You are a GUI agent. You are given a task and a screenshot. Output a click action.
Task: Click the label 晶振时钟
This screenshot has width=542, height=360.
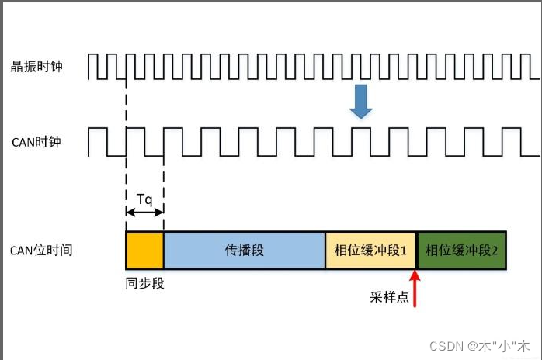(x=36, y=67)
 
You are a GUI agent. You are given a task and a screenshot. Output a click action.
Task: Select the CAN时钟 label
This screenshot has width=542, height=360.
(x=36, y=142)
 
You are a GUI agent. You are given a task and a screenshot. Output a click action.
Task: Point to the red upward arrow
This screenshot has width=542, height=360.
(x=417, y=287)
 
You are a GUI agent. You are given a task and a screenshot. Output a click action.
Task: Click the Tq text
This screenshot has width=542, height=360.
(x=144, y=199)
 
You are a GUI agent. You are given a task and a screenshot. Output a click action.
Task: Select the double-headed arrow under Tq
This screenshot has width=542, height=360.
(x=144, y=213)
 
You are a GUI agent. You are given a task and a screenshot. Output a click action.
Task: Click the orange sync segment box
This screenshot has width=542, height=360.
(x=144, y=250)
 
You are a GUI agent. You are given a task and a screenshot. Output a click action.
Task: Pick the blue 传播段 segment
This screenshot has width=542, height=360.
(x=245, y=250)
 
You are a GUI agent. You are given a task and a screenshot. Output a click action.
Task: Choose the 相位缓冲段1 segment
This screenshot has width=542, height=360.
(x=371, y=250)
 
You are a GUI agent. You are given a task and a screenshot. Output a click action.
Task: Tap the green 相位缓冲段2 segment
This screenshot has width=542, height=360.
(x=461, y=250)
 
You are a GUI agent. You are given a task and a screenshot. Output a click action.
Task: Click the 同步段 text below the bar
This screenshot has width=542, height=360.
(x=144, y=283)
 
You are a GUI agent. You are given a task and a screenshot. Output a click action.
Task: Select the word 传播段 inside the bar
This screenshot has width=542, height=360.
(x=245, y=251)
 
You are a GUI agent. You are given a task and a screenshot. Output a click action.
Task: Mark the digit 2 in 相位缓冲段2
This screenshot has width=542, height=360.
(x=494, y=251)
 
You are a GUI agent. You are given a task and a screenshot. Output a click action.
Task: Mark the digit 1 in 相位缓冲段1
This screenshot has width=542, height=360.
(x=404, y=251)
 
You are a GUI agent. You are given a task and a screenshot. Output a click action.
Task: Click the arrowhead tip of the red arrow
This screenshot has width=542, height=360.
(x=417, y=271)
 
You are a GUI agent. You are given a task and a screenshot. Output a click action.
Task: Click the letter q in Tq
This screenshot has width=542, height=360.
(x=149, y=199)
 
